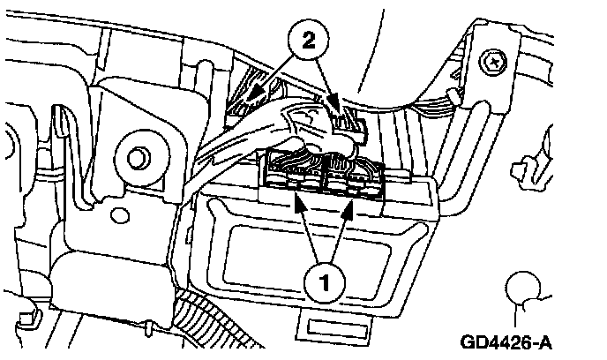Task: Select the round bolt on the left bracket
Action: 137,160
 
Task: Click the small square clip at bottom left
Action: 32,312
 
